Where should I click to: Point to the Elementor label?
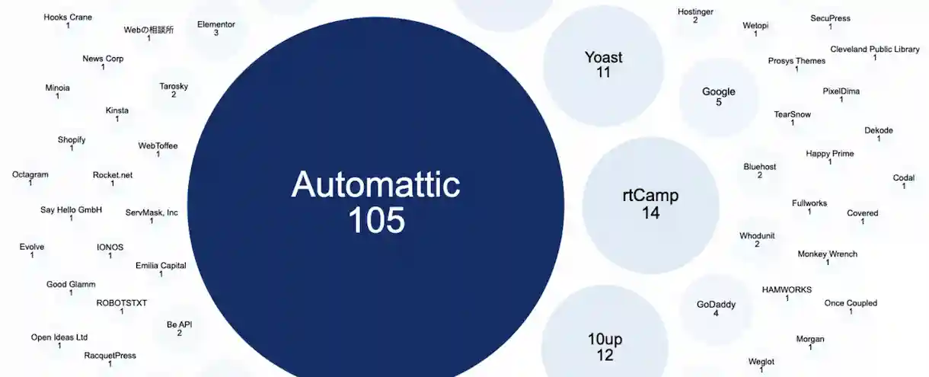coord(216,24)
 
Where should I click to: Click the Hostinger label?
coord(694,12)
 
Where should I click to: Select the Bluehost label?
coord(759,167)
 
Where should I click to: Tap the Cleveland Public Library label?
coord(875,50)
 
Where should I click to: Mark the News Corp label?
coord(103,59)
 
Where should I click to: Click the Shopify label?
coord(72,140)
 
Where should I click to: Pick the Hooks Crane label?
coord(68,18)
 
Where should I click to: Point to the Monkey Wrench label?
coord(827,254)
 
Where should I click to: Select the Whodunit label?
coord(757,236)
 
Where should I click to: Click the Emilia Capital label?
coord(161,266)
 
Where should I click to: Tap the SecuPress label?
coord(830,18)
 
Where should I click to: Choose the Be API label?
coord(180,325)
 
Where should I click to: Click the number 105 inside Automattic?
coord(376,220)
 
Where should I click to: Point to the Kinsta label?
coord(117,111)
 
